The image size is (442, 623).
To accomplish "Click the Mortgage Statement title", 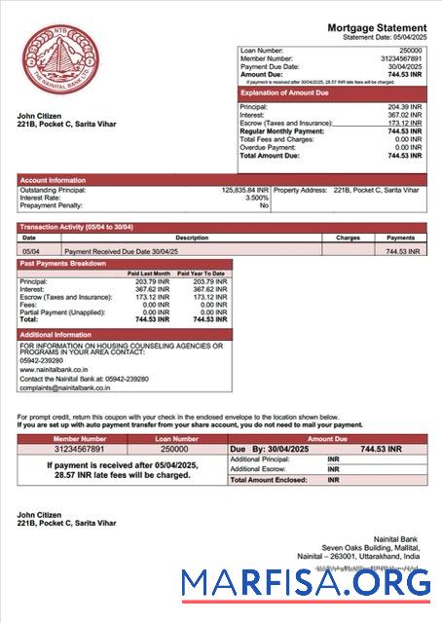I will [376, 27].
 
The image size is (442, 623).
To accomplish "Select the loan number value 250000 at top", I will [410, 50].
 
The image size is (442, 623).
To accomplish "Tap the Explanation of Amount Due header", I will [287, 92].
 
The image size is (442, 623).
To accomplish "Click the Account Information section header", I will [54, 180].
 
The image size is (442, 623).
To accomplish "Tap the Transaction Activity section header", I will [77, 227].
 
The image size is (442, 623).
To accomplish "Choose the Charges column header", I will [348, 237].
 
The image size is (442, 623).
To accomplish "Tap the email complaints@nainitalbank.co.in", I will [64, 387].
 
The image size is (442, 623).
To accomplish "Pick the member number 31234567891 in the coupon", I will [80, 449].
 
